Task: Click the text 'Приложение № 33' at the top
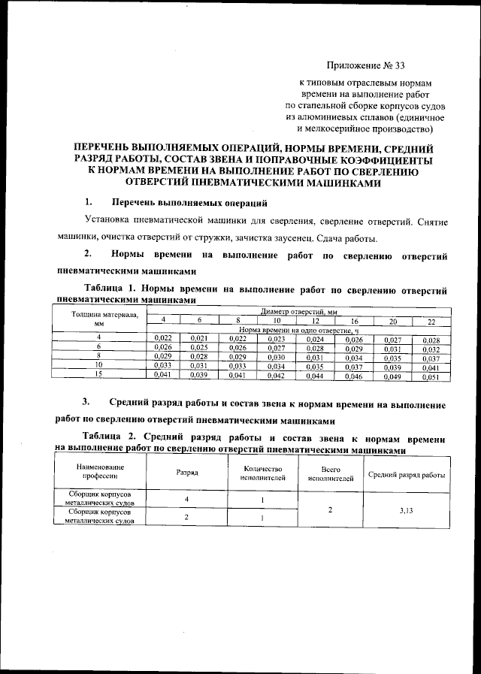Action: tap(365, 65)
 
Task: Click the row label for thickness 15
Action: tap(98, 373)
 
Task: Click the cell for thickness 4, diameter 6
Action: tap(198, 340)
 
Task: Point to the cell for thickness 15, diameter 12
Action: tap(314, 375)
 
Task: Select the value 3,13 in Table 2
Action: tap(407, 509)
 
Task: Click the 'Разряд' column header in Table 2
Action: tap(187, 474)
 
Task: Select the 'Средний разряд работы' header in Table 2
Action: tap(407, 475)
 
